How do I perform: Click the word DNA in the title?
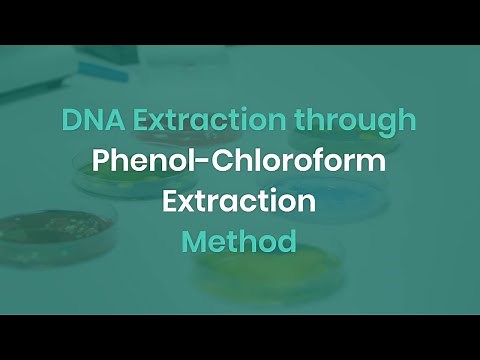[x=87, y=121]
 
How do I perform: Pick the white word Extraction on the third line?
[x=240, y=201]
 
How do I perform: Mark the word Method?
[x=240, y=241]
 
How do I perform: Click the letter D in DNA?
[x=70, y=121]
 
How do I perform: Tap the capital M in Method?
[x=194, y=241]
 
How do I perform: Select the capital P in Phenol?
[x=101, y=161]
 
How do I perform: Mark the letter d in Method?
[x=288, y=241]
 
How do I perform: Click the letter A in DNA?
[x=105, y=121]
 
